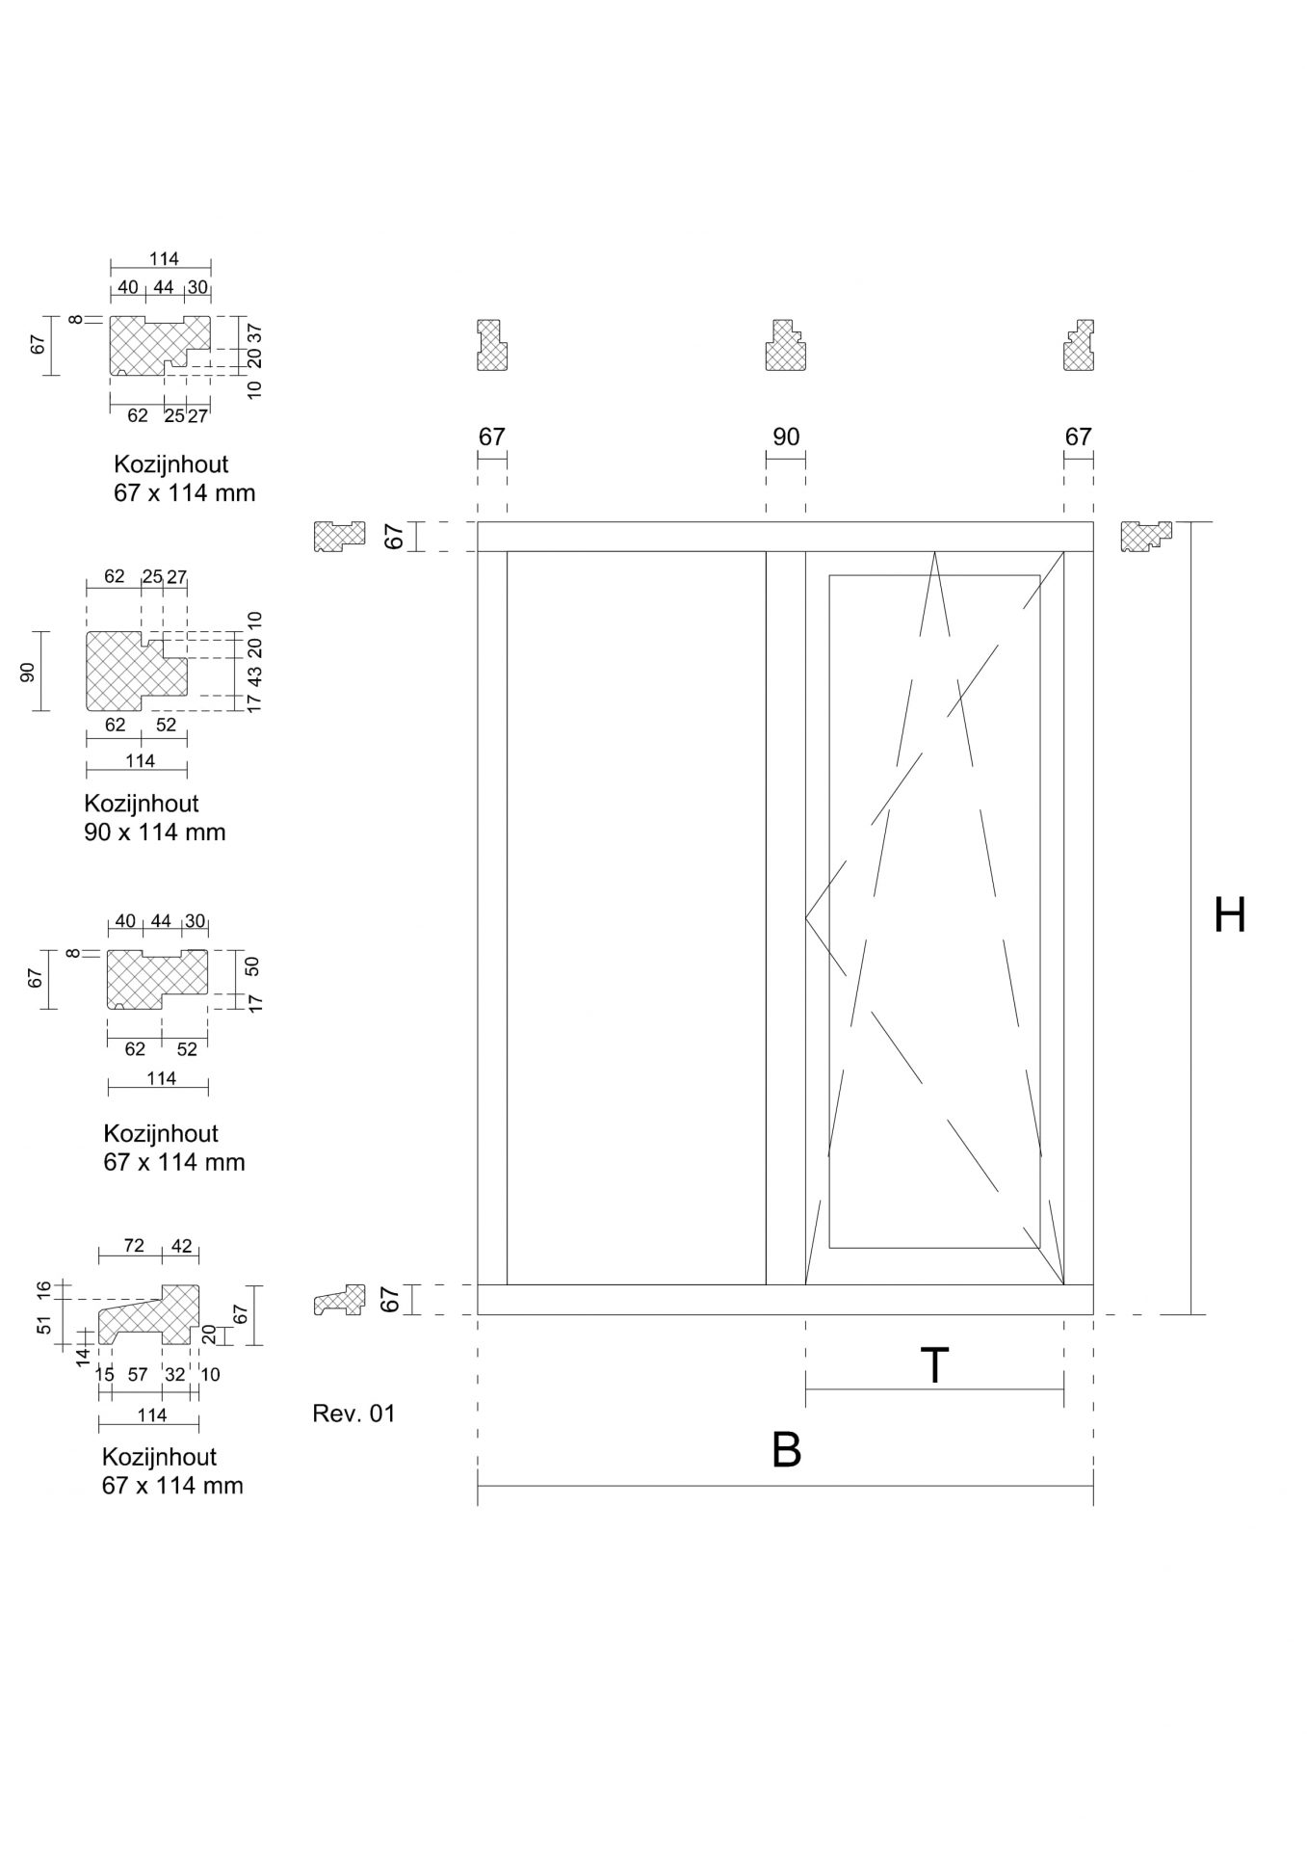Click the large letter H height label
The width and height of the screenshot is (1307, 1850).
pos(1230,915)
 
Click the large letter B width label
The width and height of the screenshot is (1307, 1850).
pos(787,1450)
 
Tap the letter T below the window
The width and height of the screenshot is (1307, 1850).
pos(934,1365)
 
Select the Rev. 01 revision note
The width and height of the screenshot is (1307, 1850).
pos(353,1414)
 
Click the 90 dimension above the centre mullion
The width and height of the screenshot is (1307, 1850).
pos(786,436)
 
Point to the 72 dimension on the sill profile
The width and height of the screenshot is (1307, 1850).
pos(134,1246)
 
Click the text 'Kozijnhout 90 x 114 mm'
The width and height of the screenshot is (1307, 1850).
pos(154,817)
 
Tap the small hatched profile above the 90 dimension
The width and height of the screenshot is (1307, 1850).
pos(786,345)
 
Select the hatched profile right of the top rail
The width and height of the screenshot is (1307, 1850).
pos(1146,536)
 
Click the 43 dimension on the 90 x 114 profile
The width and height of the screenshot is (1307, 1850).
pos(254,674)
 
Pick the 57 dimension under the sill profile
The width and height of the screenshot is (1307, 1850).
pos(138,1375)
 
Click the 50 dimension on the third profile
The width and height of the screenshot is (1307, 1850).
pos(253,965)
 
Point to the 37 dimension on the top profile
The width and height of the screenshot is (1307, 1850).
pos(254,333)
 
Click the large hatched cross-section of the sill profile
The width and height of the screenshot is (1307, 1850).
pos(150,1315)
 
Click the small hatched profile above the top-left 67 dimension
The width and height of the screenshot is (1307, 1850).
pos(492,345)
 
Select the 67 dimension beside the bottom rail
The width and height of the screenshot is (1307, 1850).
pos(391,1299)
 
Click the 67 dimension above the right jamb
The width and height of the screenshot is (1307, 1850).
pos(1078,436)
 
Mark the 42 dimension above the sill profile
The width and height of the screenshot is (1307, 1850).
pos(181,1246)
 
